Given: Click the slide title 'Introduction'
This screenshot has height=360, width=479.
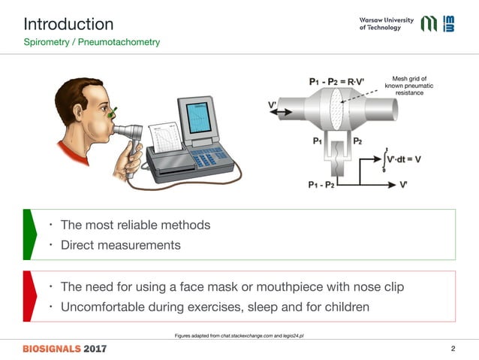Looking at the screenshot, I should pyautogui.click(x=68, y=24).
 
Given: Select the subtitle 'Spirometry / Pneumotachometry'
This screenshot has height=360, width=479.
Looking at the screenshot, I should pyautogui.click(x=92, y=43).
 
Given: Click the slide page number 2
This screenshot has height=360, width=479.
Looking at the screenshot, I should pyautogui.click(x=453, y=349).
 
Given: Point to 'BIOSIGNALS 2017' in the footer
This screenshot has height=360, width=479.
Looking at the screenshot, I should pyautogui.click(x=65, y=349).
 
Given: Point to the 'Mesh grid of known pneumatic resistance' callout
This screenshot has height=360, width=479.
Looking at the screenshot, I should pyautogui.click(x=409, y=85).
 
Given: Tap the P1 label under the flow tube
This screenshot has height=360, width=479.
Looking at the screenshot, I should pyautogui.click(x=318, y=140).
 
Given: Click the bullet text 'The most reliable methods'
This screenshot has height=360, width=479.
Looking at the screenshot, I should pyautogui.click(x=135, y=225).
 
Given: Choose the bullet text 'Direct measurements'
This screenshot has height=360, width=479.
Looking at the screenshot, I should pyautogui.click(x=120, y=244).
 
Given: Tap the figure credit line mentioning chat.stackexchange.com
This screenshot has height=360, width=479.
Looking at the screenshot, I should pyautogui.click(x=238, y=335).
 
